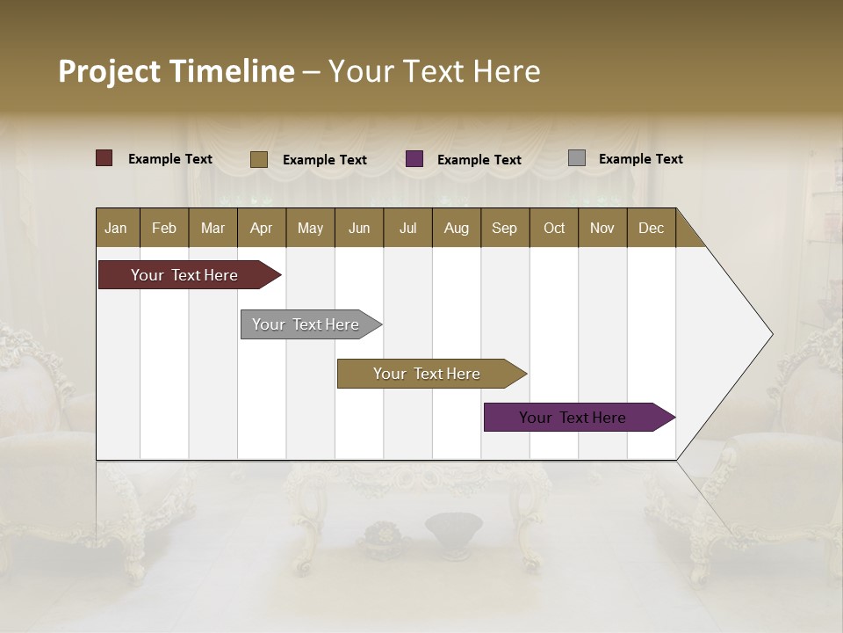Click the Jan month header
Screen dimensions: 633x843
(117, 228)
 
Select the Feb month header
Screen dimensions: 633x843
(164, 228)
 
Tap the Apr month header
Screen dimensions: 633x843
(262, 228)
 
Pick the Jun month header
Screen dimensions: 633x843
(359, 228)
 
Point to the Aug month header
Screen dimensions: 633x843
(457, 228)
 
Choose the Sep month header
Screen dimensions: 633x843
(505, 228)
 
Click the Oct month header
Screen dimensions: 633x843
(554, 228)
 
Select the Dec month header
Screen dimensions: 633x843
(652, 228)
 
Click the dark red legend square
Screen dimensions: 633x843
(104, 158)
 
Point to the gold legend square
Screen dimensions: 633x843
(259, 159)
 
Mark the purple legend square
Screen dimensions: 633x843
(414, 159)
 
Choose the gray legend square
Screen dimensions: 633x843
(577, 158)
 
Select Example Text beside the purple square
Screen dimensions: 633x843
(479, 160)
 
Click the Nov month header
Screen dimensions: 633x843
(602, 228)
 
